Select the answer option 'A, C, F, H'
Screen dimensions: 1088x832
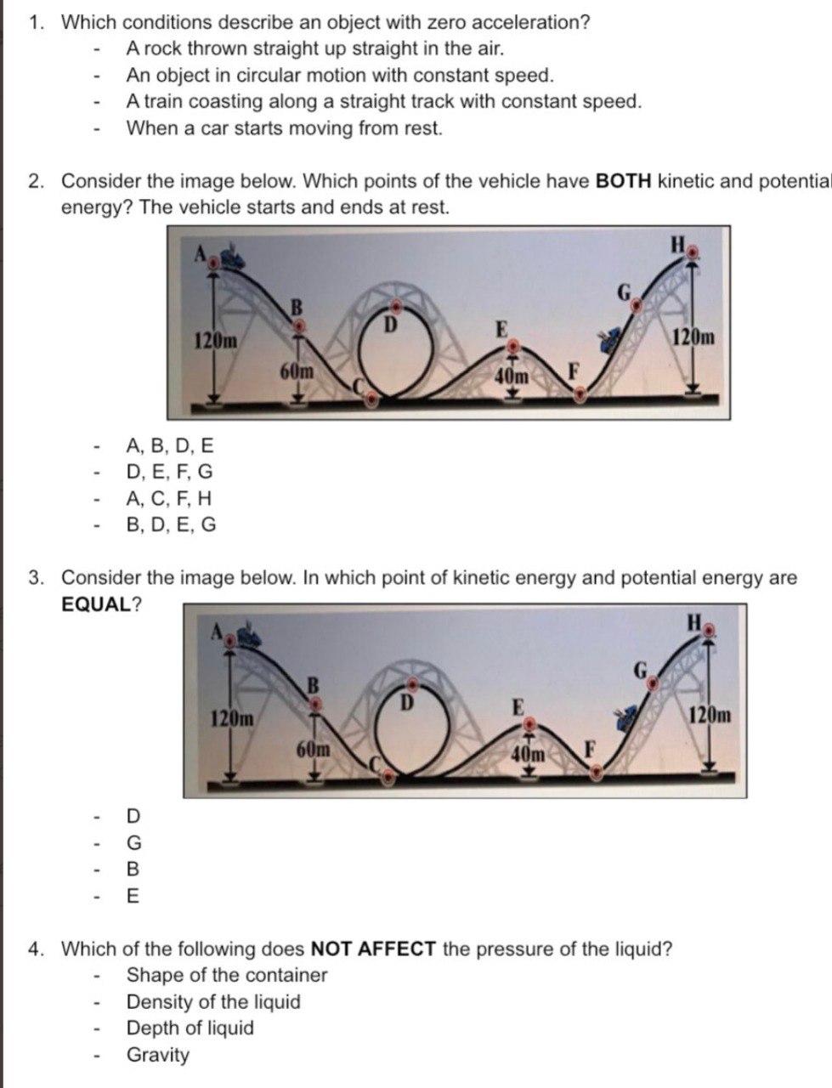[169, 498]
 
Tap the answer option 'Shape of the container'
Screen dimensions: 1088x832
[226, 975]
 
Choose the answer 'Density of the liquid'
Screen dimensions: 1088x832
[213, 1001]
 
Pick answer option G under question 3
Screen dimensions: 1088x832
[133, 842]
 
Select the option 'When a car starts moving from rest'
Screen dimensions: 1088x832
[284, 129]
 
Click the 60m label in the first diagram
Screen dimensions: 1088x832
[297, 371]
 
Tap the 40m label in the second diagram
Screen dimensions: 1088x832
[528, 753]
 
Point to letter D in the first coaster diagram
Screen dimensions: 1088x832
[390, 324]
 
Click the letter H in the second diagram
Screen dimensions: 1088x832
[694, 622]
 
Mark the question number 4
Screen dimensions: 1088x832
[37, 949]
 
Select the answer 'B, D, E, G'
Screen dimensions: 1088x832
[171, 524]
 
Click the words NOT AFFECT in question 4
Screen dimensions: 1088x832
[373, 949]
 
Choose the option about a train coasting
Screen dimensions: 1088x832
[383, 102]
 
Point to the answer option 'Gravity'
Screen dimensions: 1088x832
[158, 1055]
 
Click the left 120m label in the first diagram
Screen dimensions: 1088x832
[215, 342]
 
